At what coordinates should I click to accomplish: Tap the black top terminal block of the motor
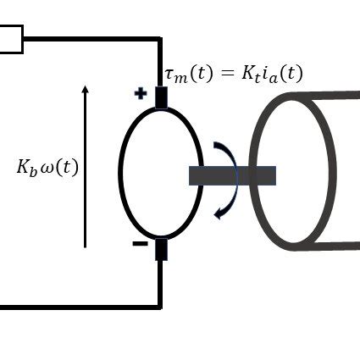coord(161,97)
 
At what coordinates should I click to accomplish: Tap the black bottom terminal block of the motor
coord(161,249)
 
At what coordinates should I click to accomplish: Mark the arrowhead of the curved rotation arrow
coord(219,213)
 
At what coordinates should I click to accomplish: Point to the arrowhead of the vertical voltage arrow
coord(85,89)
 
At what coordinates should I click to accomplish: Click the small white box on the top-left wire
coord(10,39)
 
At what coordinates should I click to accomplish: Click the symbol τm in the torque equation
coord(176,75)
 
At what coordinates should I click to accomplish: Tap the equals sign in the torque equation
coord(227,74)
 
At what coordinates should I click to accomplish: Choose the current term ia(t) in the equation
coord(283,74)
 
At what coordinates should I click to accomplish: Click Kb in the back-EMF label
coord(26,167)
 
